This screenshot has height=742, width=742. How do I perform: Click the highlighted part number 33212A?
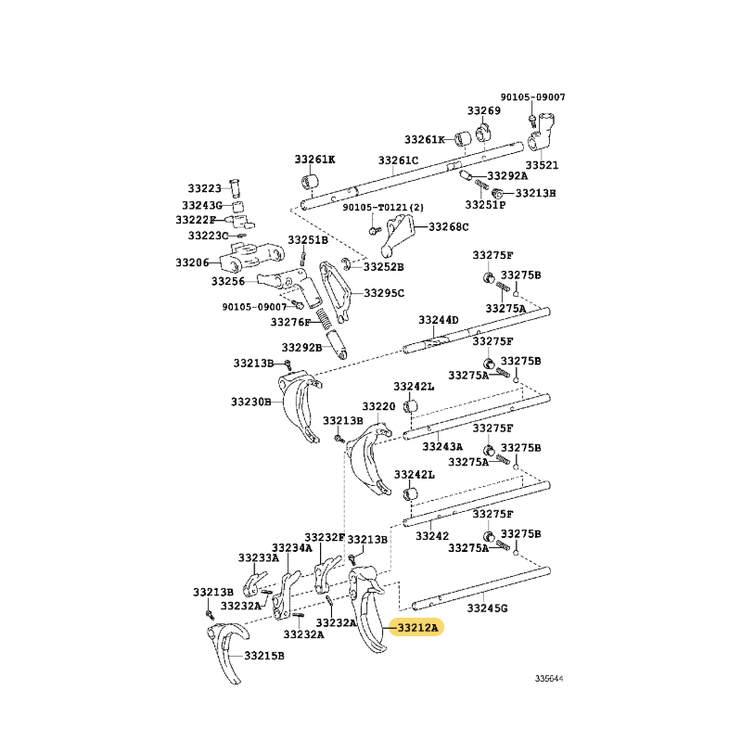[418, 628]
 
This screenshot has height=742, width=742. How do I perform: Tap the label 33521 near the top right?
[542, 165]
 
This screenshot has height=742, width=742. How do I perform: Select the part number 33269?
[483, 110]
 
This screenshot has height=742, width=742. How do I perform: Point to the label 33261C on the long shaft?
[398, 160]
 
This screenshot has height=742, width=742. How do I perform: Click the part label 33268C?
[449, 226]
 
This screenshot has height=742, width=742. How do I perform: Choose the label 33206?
[192, 262]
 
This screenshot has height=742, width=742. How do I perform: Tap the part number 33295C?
[384, 293]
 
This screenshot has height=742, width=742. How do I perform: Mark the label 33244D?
[438, 320]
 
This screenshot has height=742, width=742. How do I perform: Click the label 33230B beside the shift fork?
[250, 402]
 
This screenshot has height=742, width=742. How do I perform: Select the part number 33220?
[378, 406]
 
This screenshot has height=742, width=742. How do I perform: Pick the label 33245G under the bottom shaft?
[487, 608]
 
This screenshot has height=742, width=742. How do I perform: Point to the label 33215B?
[264, 656]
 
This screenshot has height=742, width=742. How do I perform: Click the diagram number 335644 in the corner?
[549, 678]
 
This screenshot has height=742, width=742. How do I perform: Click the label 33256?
[228, 281]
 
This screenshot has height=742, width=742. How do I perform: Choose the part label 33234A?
[292, 548]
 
